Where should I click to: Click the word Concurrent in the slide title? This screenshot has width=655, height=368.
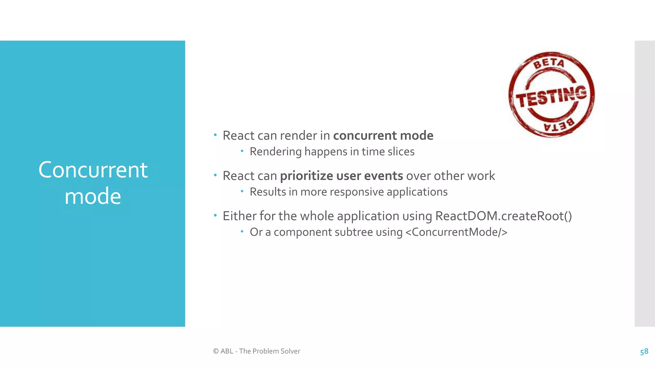(93, 170)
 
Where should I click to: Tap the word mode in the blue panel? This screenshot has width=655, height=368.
(93, 196)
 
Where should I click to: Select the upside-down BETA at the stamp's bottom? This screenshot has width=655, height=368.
(559, 125)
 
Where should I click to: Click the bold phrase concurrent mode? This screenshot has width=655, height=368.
(383, 135)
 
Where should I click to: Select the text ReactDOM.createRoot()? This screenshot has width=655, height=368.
(503, 216)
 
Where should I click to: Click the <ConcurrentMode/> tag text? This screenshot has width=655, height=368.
(456, 232)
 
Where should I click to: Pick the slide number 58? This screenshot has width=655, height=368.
(644, 351)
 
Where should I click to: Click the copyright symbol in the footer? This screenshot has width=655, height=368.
(216, 351)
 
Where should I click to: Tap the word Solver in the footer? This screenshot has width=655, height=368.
(290, 351)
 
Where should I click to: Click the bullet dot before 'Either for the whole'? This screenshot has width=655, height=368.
(215, 215)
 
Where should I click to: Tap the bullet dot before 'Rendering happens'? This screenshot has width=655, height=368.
(242, 150)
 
